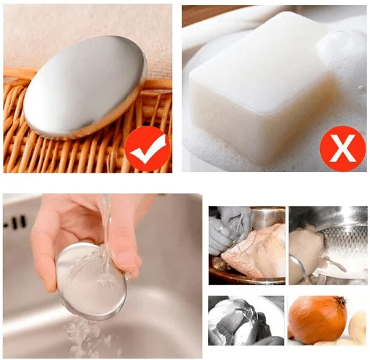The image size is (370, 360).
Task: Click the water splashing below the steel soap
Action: point(87,333)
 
